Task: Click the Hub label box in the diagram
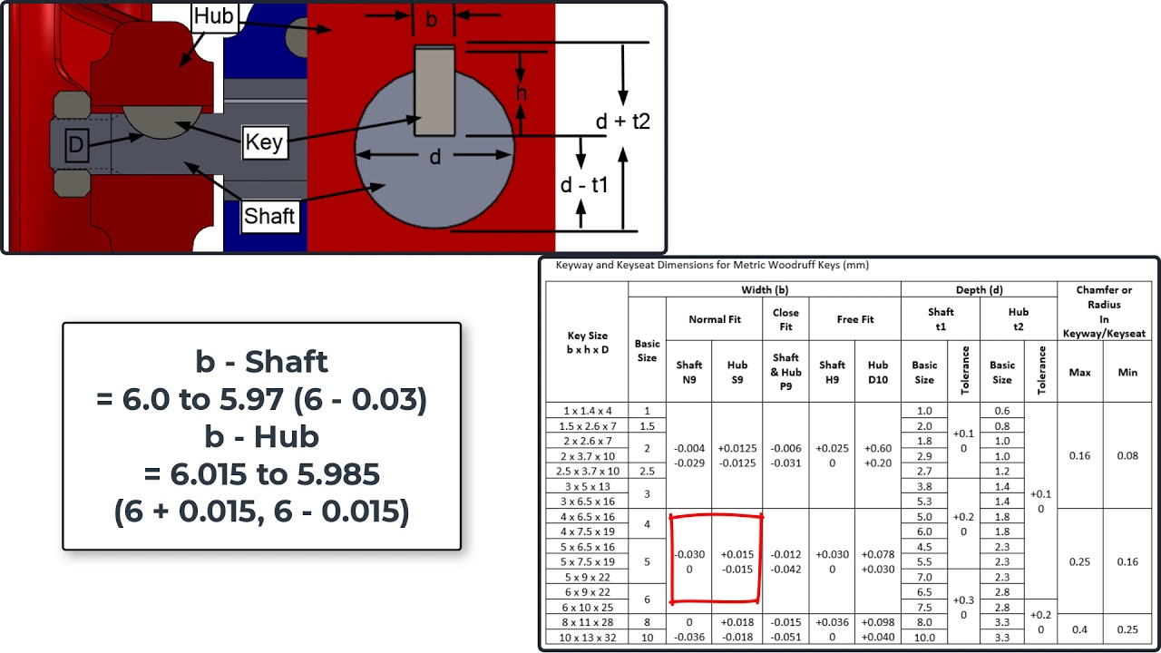tap(214, 16)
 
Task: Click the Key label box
tap(264, 142)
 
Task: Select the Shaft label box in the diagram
tap(269, 216)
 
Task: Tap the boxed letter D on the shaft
tap(77, 144)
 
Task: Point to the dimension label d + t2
tap(622, 122)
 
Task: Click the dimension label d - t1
tap(583, 185)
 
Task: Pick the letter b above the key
tap(431, 20)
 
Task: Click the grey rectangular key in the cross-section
tap(434, 92)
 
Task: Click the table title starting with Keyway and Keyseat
tap(712, 266)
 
